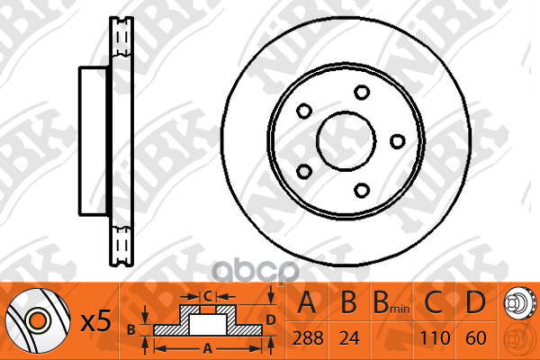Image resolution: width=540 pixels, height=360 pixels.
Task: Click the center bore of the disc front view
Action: coord(346,141)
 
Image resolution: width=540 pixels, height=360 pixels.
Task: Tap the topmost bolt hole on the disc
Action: coord(362,93)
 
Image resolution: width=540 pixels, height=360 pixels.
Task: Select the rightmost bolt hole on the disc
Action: coord(398,141)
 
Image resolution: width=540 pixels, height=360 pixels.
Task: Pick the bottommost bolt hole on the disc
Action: coord(362,190)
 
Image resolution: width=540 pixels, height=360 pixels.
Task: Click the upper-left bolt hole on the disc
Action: coord(304,111)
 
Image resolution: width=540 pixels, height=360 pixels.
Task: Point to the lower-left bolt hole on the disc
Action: coord(304,171)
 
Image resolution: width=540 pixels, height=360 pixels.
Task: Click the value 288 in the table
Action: coord(308,338)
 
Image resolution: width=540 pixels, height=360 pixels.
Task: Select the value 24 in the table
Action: coord(349,338)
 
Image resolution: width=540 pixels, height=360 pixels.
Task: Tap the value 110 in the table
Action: coord(435,338)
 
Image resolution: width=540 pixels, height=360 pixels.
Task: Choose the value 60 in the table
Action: coord(476,338)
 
